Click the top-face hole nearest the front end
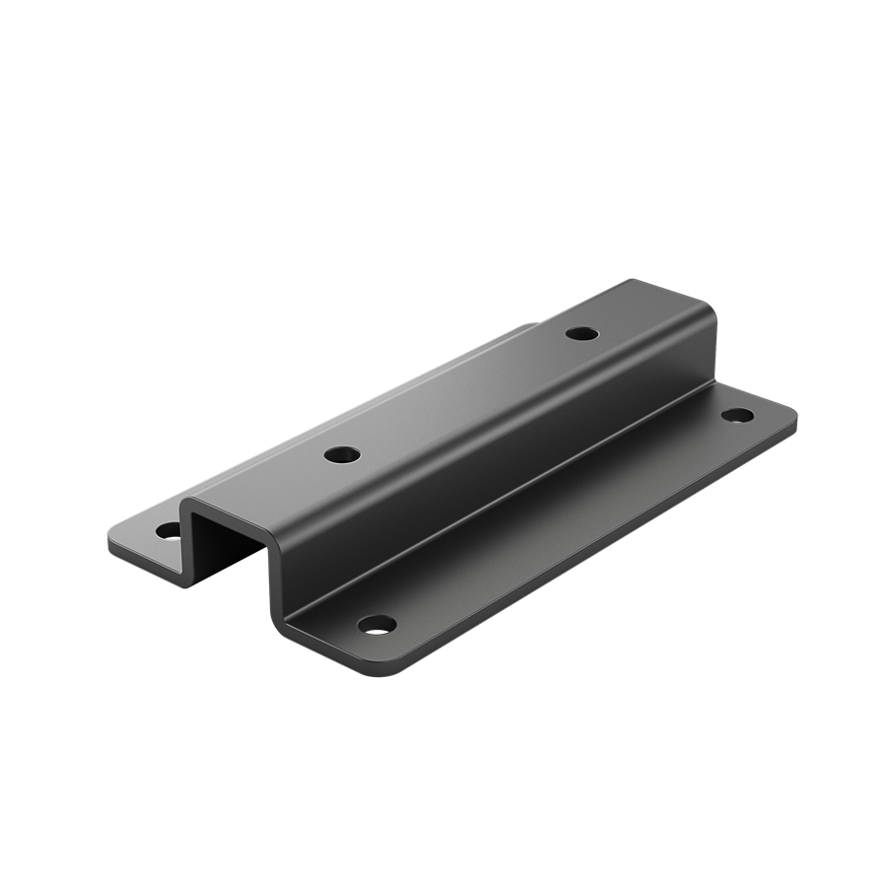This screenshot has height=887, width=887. point(342,455)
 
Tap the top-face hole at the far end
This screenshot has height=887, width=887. point(581,333)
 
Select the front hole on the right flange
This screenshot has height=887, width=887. point(376,624)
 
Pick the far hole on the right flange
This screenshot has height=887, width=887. point(736,415)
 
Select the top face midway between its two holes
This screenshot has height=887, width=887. point(463,394)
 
